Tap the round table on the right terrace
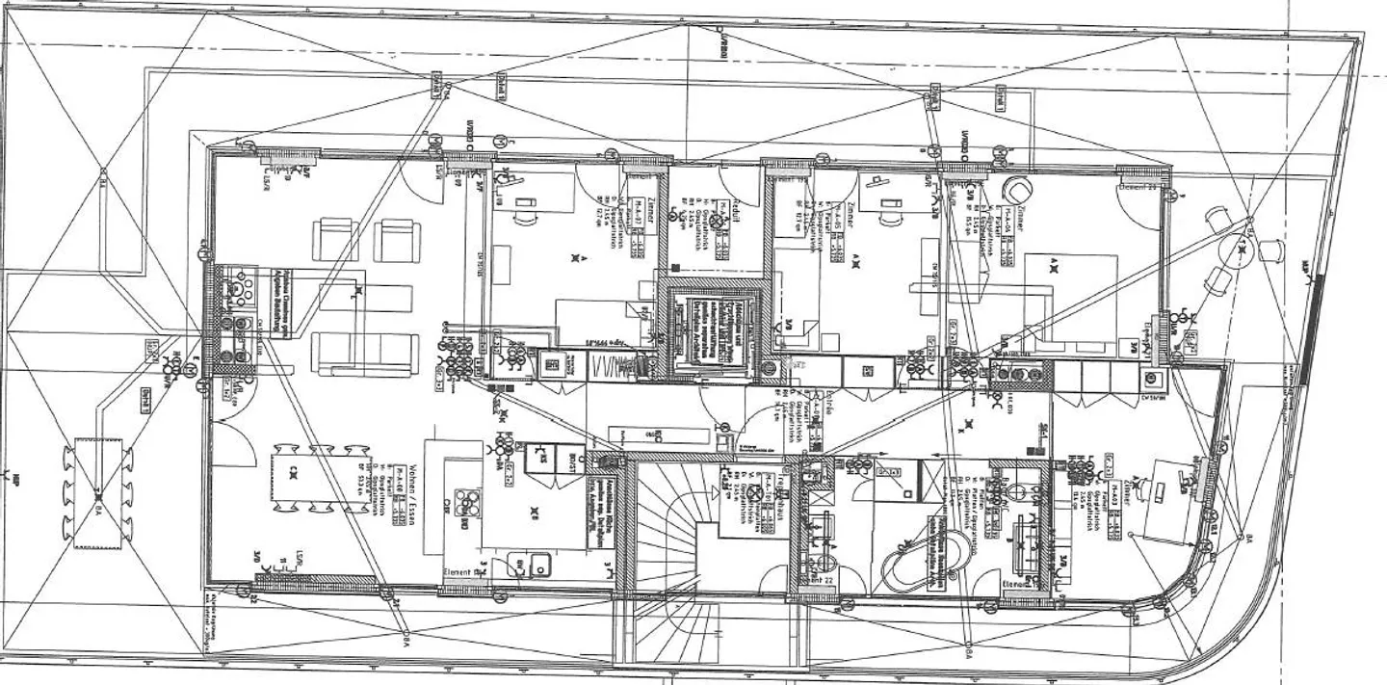tap(1242, 253)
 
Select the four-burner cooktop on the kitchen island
tap(468, 503)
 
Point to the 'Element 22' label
tap(818, 581)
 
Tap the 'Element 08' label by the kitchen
tap(460, 572)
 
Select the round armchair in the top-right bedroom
tap(1015, 189)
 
